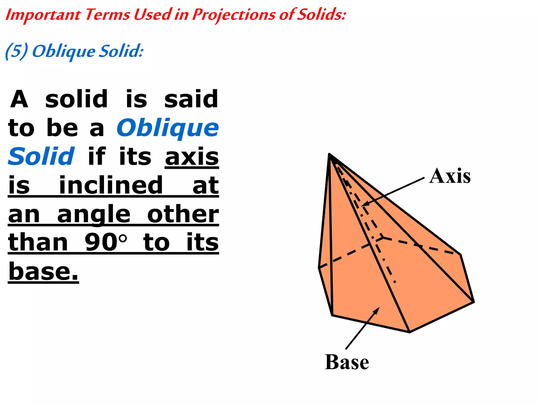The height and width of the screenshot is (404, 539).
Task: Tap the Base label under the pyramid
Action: pos(347,362)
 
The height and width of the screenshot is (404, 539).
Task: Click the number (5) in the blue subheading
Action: pos(16,51)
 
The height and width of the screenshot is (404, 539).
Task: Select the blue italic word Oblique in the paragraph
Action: pos(168,128)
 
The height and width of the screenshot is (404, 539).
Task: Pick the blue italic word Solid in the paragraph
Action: pos(41,156)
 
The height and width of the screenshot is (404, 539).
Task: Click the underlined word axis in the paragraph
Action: pos(192,157)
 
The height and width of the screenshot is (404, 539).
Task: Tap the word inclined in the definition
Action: pos(111,185)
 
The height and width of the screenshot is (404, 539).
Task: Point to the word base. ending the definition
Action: pos(43,271)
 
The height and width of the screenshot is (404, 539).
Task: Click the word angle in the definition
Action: pos(94,214)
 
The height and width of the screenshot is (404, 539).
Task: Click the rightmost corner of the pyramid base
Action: pos(474,302)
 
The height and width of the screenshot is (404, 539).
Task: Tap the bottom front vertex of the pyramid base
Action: pos(410,332)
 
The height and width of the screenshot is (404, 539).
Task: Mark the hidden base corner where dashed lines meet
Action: pos(383,237)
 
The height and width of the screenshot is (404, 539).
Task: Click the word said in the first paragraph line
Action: pos(191,99)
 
